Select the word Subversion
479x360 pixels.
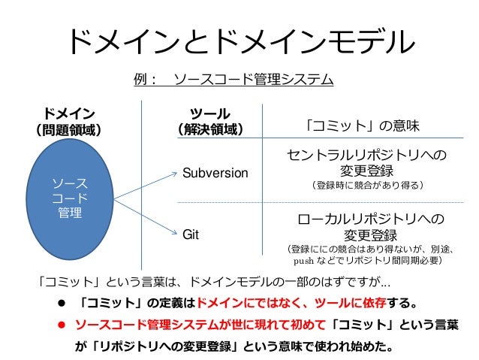tap(215, 174)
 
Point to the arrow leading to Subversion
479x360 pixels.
tap(143, 184)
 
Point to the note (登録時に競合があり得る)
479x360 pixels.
tap(367, 185)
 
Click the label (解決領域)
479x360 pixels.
tap(209, 129)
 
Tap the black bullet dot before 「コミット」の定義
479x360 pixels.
tap(53, 305)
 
